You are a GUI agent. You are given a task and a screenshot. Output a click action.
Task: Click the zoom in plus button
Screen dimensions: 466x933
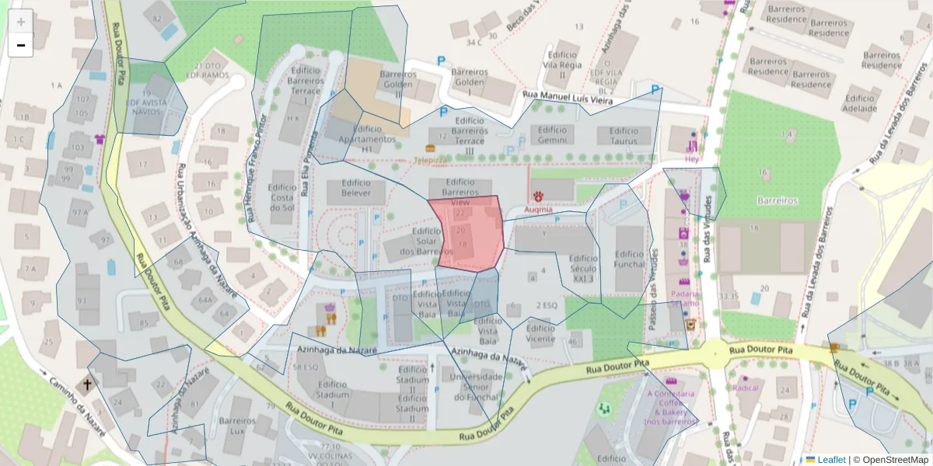(x=21, y=22)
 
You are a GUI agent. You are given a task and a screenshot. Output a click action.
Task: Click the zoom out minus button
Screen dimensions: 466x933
(x=21, y=45)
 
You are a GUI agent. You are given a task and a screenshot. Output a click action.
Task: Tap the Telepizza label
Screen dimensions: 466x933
(x=430, y=159)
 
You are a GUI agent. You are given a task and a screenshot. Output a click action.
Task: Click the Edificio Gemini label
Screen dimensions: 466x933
(x=553, y=135)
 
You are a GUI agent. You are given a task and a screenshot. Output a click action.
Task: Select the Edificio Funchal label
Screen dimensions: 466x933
(x=630, y=259)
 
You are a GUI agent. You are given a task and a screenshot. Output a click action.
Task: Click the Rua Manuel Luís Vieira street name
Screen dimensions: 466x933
(x=568, y=98)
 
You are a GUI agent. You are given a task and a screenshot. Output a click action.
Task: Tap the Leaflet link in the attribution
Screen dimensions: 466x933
(x=831, y=459)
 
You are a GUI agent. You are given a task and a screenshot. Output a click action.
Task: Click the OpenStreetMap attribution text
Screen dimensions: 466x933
(x=890, y=459)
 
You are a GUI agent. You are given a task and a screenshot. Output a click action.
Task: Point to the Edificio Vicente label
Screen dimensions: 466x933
(x=540, y=334)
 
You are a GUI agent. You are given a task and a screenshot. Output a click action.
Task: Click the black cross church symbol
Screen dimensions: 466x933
(x=88, y=384)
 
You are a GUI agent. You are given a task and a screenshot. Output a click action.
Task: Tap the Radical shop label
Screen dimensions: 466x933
(x=746, y=387)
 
